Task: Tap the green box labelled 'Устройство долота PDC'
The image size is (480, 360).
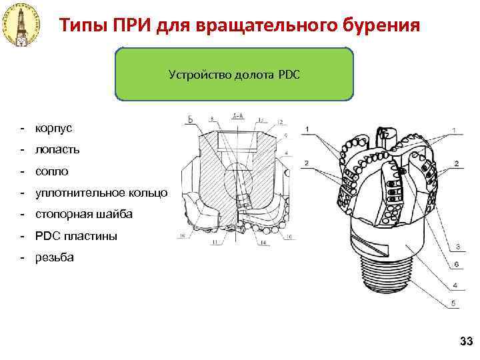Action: pos(234,74)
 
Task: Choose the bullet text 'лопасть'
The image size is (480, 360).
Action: pos(57,149)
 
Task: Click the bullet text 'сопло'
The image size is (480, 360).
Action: pos(52,171)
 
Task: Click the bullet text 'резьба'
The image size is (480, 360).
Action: pos(55,257)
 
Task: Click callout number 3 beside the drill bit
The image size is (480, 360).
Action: pos(457,247)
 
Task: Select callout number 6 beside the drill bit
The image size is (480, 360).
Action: pos(457,265)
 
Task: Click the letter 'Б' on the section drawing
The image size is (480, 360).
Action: pos(190,120)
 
